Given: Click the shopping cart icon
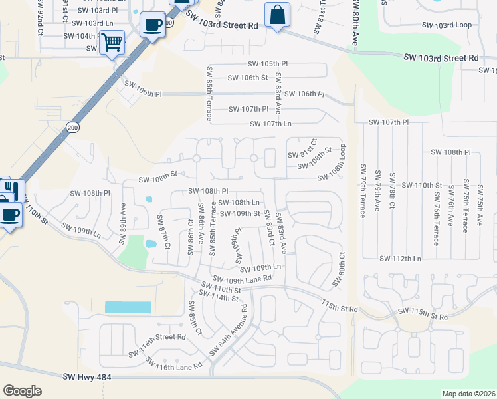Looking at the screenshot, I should [x=111, y=43].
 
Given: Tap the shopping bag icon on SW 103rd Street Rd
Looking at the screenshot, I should [x=277, y=15].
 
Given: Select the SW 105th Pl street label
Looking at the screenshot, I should [x=268, y=64].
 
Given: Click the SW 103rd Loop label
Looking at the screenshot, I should [x=455, y=25].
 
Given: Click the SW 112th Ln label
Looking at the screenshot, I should [x=401, y=258].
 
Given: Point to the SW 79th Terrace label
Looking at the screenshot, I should [x=363, y=190].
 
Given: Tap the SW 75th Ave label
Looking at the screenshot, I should [x=479, y=203].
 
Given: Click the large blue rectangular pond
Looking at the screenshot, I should [x=128, y=307].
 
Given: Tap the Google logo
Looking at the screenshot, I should [x=21, y=390].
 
